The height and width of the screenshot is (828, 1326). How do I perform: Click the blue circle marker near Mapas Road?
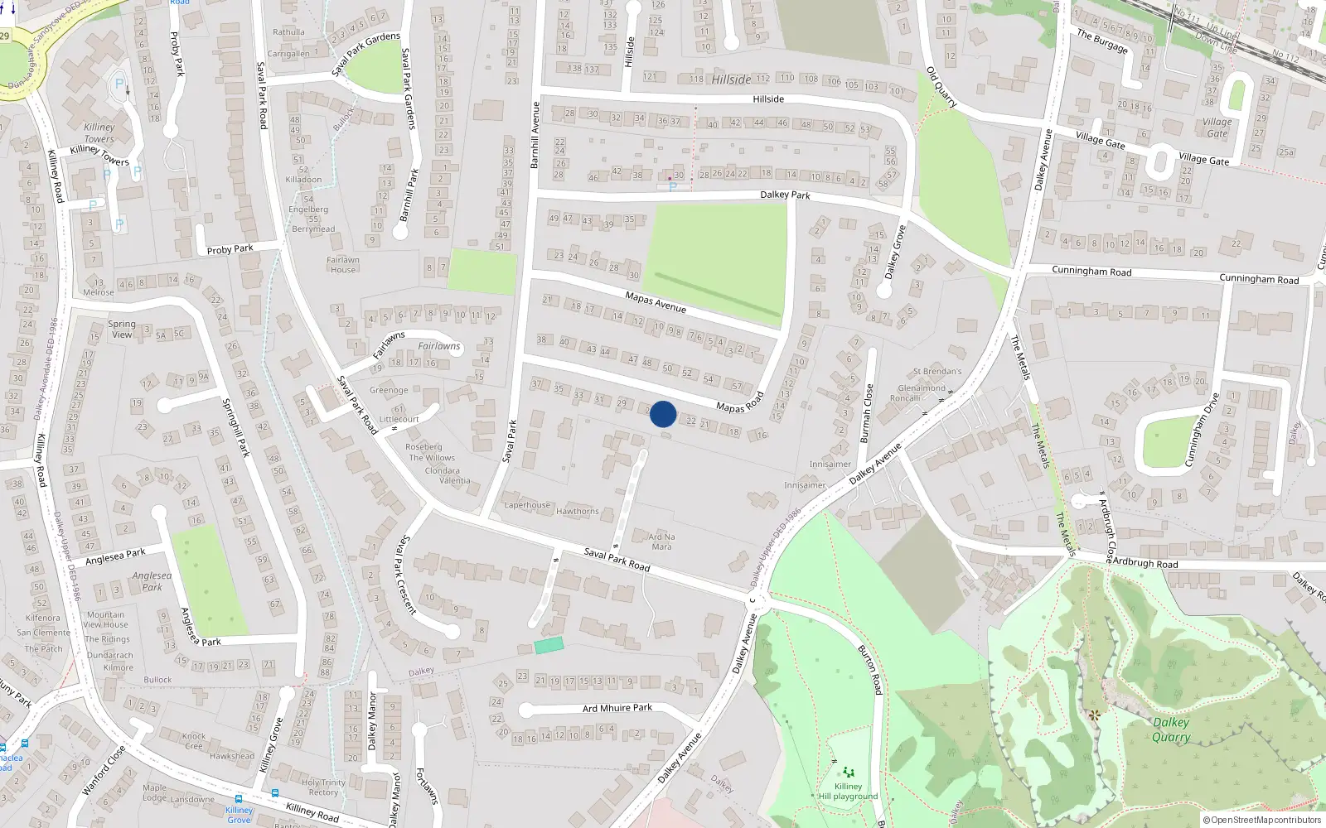coord(663,414)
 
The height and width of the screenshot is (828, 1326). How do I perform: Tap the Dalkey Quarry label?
coord(1171,729)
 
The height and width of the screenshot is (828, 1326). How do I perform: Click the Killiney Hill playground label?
coord(848,792)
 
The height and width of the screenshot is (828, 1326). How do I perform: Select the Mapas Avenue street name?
coord(656,302)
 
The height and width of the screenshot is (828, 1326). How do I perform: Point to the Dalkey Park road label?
coord(785,195)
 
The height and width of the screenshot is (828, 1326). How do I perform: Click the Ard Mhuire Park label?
coord(617,708)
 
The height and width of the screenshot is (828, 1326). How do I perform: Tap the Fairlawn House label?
coord(343,265)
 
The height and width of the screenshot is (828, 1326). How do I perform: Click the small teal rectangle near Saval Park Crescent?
coord(549,645)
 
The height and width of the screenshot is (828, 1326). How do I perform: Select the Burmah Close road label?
coord(867,412)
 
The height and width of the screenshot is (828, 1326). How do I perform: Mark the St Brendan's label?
coord(937,372)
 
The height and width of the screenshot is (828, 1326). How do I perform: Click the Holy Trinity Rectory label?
coord(323,787)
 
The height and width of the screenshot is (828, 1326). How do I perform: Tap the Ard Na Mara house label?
coord(661,542)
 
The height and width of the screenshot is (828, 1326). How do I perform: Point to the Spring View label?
coord(122,330)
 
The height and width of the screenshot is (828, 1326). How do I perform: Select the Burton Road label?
coord(869,669)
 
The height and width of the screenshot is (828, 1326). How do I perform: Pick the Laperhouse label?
coord(527,505)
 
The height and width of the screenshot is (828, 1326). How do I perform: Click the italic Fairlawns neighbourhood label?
coord(439,346)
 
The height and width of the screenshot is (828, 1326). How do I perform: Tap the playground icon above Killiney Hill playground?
coord(848,773)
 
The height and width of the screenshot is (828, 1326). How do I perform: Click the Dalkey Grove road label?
coord(895,252)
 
